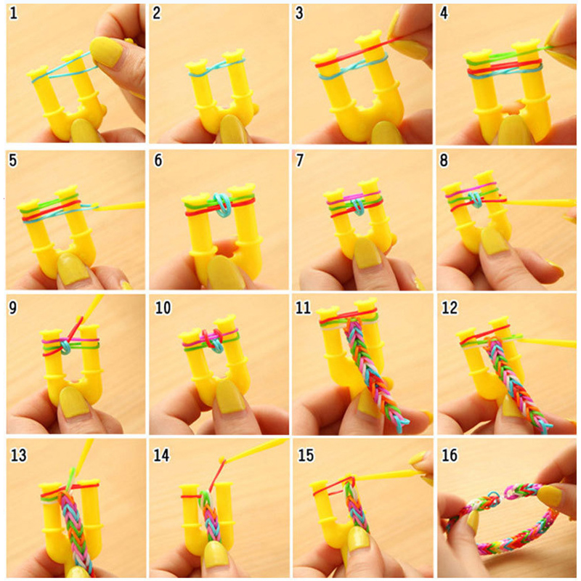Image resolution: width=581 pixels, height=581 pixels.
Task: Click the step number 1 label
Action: (13, 15)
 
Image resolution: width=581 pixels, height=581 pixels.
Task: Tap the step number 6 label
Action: (158, 160)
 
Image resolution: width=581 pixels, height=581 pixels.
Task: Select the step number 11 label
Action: (305, 307)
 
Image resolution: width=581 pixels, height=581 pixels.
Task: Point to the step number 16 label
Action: (450, 455)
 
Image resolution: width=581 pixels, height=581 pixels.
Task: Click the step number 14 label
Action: (162, 455)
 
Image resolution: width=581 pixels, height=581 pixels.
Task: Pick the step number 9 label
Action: (13, 307)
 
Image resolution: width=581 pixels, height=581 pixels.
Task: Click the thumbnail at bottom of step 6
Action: (225, 272)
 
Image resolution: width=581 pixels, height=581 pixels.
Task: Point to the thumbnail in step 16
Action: (550, 497)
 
